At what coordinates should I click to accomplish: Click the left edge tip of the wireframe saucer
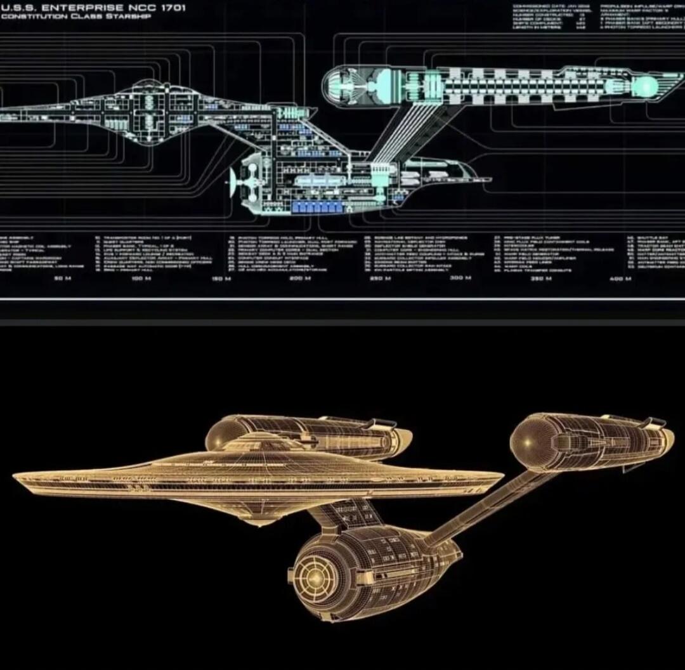click(15, 474)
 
